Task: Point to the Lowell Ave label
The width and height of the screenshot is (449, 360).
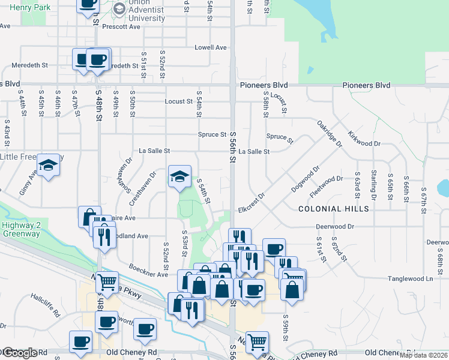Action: [x=210, y=47]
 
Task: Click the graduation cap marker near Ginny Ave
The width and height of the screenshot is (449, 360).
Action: [x=49, y=165]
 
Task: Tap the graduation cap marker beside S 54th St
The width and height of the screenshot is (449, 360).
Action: [x=179, y=176]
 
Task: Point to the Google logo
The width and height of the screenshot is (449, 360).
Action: [x=19, y=353]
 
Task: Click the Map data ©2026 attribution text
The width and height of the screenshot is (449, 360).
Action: [x=423, y=355]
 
